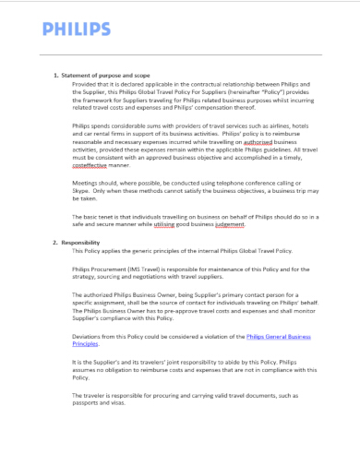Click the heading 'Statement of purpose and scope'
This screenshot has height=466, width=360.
105,75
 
